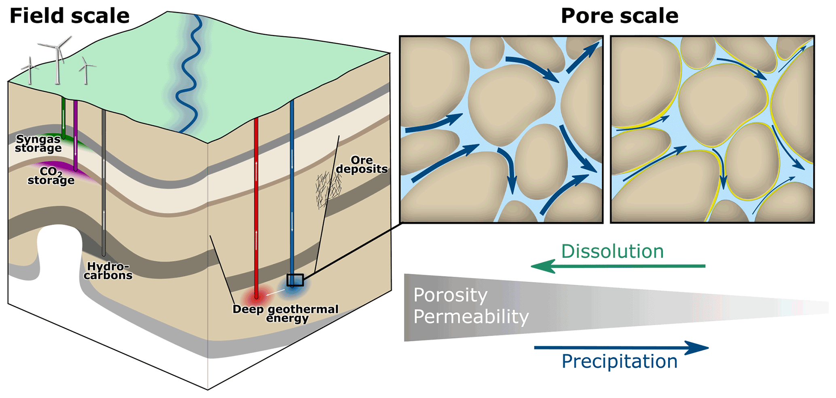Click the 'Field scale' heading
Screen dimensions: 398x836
coord(69,16)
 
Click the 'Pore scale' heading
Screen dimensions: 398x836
coord(619,16)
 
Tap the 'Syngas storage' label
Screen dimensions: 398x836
coord(38,144)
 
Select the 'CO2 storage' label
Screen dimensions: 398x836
coord(51,176)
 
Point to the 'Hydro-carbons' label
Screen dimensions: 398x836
coord(108,271)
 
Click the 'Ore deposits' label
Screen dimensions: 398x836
coord(362,165)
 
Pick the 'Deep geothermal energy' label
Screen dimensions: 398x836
coord(286,314)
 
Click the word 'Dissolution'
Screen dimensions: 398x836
coord(612,251)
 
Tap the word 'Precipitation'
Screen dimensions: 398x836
coord(619,361)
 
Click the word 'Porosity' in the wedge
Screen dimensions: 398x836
coord(450,295)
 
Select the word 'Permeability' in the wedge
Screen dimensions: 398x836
coord(471,316)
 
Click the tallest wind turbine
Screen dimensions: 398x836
coord(58,61)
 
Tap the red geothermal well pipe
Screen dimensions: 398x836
coord(256,202)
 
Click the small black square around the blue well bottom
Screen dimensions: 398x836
coord(295,280)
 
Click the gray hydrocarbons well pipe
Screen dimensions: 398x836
coord(104,182)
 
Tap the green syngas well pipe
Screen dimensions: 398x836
coord(63,117)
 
